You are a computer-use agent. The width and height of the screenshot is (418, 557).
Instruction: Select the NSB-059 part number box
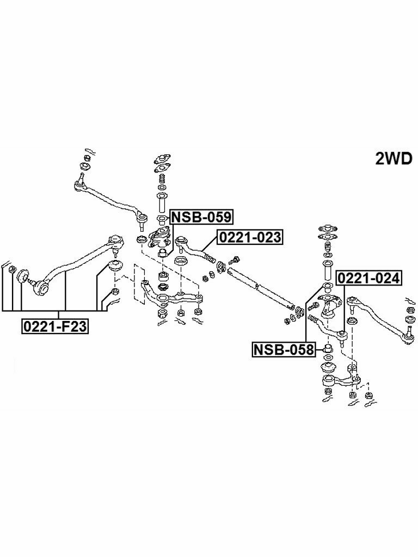point(201,217)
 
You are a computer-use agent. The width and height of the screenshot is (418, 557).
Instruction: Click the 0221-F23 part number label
point(56,326)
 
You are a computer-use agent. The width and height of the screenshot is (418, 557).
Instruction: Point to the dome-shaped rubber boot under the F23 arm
point(115,266)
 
